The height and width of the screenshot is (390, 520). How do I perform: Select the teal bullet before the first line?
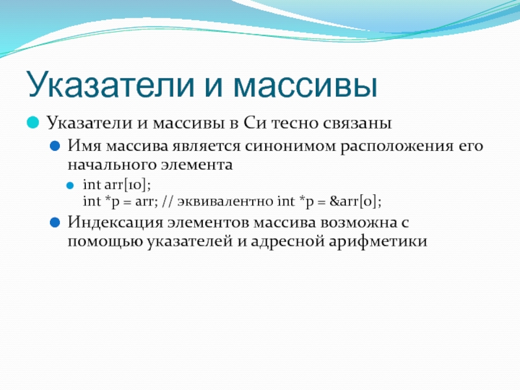33,122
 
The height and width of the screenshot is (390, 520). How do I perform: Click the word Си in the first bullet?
255,123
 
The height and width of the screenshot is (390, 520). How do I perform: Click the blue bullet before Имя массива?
55,146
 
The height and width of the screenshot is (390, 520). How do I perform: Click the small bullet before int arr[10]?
70,185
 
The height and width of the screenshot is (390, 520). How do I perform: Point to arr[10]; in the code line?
127,185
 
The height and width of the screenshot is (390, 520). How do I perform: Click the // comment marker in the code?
168,201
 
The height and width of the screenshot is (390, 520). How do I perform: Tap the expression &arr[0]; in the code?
355,201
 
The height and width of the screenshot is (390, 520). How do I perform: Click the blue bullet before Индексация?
55,222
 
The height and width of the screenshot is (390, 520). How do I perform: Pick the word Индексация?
116,222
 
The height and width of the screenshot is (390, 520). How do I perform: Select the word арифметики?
378,241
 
